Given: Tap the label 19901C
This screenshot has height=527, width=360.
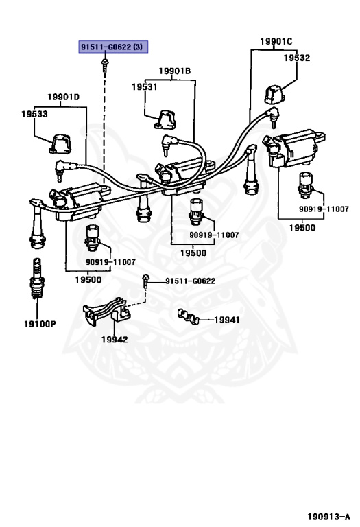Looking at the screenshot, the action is [276, 41].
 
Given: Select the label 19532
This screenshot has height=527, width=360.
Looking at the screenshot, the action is [296, 58].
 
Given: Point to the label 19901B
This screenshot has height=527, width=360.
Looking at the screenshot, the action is [175, 71].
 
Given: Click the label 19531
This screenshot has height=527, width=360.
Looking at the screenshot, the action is [145, 86].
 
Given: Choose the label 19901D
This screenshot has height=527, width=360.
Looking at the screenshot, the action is [64, 97].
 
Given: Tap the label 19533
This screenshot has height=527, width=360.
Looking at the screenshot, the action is [34, 114].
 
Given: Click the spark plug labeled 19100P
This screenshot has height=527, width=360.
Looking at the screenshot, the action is [37, 279].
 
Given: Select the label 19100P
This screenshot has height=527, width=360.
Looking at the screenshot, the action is [40, 324].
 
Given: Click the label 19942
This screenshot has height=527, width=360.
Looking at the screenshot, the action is [115, 340].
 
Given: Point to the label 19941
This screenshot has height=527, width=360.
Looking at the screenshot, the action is [227, 320].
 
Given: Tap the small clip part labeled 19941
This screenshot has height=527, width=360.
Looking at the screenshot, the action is [189, 317].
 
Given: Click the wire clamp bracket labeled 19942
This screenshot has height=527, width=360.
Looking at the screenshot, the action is [106, 311].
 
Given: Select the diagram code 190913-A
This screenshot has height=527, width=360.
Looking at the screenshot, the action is [328, 516].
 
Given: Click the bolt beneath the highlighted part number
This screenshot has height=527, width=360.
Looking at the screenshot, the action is [105, 65].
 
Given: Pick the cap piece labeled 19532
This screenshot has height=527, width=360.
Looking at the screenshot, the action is [274, 95].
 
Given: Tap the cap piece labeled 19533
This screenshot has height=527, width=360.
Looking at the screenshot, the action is [60, 144].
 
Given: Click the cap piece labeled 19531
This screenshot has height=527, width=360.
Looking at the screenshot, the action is [165, 119].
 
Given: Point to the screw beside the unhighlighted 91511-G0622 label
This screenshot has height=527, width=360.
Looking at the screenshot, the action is [146, 281].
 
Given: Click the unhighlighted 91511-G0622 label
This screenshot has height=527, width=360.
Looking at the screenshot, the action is [191, 281].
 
